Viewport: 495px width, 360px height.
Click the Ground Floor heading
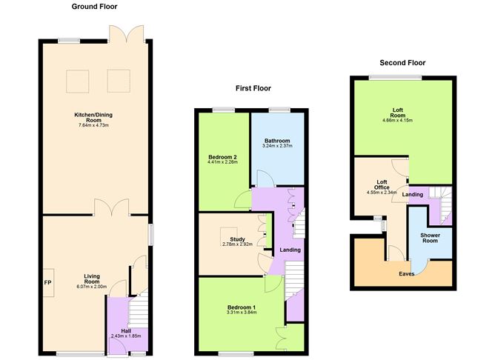94,7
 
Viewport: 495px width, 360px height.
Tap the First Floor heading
253,88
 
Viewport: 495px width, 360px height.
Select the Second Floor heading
402,63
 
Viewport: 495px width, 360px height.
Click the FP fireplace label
47,283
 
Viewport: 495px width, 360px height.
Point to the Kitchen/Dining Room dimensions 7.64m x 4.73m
93,125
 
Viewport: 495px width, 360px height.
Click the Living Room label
92,279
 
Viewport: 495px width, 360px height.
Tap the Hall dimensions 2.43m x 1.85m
126,336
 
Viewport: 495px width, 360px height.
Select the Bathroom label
277,141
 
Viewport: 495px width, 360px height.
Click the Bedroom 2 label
222,157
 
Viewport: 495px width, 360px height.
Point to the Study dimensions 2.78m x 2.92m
237,244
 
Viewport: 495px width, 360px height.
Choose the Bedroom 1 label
242,307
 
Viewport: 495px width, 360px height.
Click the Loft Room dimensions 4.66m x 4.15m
397,120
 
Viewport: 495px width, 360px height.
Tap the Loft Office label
382,184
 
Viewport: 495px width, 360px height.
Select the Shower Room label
430,238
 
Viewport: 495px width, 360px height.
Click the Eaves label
407,274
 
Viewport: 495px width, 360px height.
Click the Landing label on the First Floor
290,250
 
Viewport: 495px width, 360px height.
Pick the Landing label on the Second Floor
413,194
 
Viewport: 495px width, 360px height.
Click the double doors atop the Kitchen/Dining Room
126,34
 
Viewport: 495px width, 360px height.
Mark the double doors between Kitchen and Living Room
111,207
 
